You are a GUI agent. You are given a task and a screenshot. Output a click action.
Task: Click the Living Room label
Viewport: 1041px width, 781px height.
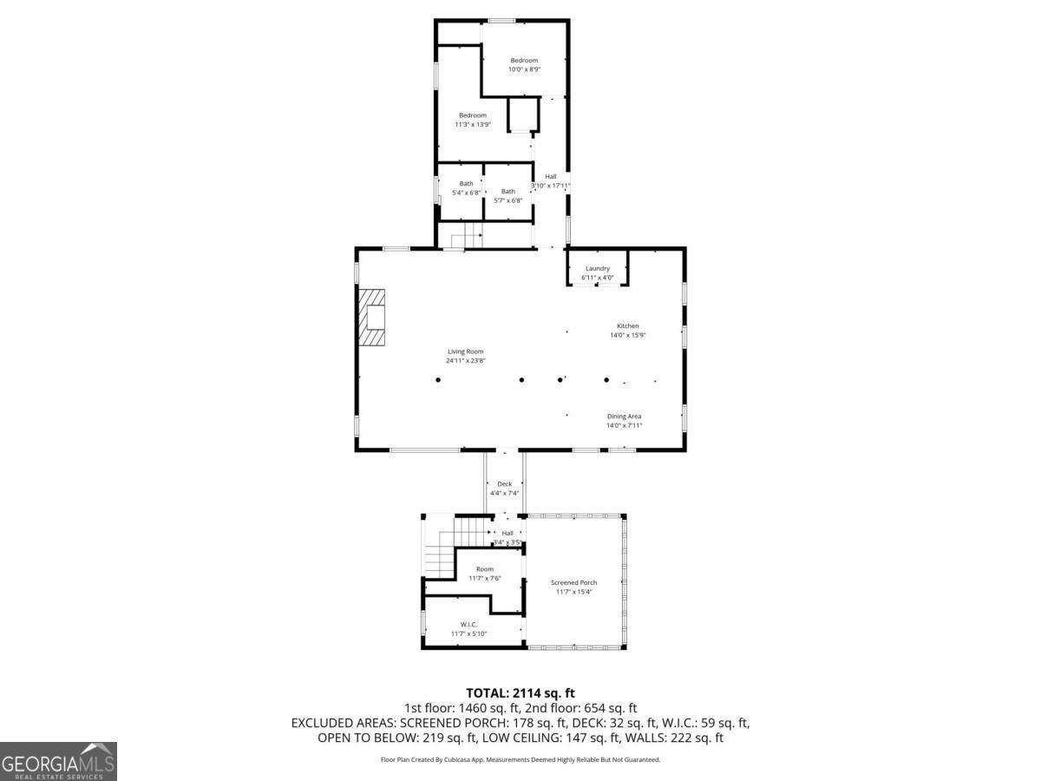pyautogui.click(x=465, y=356)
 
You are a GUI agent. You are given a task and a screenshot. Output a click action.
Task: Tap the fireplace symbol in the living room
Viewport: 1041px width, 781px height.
pyautogui.click(x=374, y=318)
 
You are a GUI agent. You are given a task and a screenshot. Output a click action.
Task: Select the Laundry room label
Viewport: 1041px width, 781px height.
pyautogui.click(x=598, y=273)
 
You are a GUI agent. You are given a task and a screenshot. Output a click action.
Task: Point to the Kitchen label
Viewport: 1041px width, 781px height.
pyautogui.click(x=627, y=331)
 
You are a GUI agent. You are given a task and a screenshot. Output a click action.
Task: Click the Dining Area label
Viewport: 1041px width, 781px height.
pyautogui.click(x=624, y=421)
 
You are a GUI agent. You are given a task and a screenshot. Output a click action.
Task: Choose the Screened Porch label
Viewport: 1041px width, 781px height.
pyautogui.click(x=574, y=587)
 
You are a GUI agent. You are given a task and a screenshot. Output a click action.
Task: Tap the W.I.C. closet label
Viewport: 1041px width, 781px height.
pyautogui.click(x=468, y=629)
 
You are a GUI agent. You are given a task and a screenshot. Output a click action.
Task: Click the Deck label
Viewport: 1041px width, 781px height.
pyautogui.click(x=504, y=489)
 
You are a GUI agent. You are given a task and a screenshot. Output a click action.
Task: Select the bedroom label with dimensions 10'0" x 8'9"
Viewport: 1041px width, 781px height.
pyautogui.click(x=524, y=64)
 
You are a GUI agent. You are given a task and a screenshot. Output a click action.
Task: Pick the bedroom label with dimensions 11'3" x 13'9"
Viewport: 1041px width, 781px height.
pyautogui.click(x=473, y=120)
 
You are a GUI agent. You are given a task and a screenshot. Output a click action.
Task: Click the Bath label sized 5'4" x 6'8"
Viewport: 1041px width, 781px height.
pyautogui.click(x=467, y=187)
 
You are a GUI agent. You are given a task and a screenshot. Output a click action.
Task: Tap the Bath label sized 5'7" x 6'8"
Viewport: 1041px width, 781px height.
pyautogui.click(x=507, y=195)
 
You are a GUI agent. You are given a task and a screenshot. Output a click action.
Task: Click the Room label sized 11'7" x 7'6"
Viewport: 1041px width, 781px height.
pyautogui.click(x=484, y=574)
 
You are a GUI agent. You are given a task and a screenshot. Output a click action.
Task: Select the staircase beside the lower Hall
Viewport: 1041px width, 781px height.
pyautogui.click(x=451, y=547)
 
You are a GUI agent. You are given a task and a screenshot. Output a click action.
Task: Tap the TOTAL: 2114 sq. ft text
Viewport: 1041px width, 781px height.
pyautogui.click(x=520, y=692)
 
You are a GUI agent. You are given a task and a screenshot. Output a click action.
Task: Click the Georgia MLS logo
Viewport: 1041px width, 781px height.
pyautogui.click(x=58, y=761)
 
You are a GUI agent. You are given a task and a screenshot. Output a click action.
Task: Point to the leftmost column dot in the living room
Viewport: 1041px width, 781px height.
pyautogui.click(x=438, y=380)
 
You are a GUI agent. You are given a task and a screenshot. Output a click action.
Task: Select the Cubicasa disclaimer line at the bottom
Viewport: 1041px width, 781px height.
pyautogui.click(x=520, y=759)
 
